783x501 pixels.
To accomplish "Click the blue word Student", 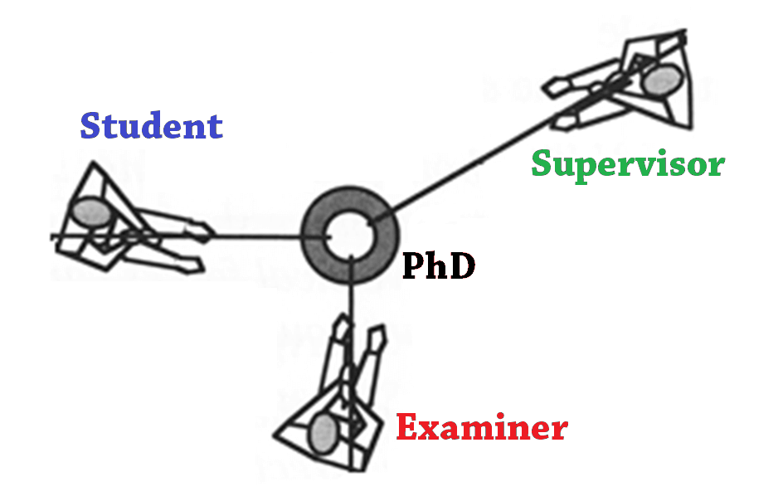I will tap(152, 126).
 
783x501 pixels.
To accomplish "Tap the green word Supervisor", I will tap(628, 164).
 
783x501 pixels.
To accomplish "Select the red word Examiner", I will tap(482, 428).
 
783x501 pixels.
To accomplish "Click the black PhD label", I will tap(439, 265).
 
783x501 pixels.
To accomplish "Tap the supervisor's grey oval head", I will tap(663, 80).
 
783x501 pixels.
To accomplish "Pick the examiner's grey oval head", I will tap(323, 431).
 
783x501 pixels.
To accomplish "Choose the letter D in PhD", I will tap(463, 265).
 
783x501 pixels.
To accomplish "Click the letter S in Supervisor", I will tap(542, 163).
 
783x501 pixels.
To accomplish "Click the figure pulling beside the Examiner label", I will tap(332, 398).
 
